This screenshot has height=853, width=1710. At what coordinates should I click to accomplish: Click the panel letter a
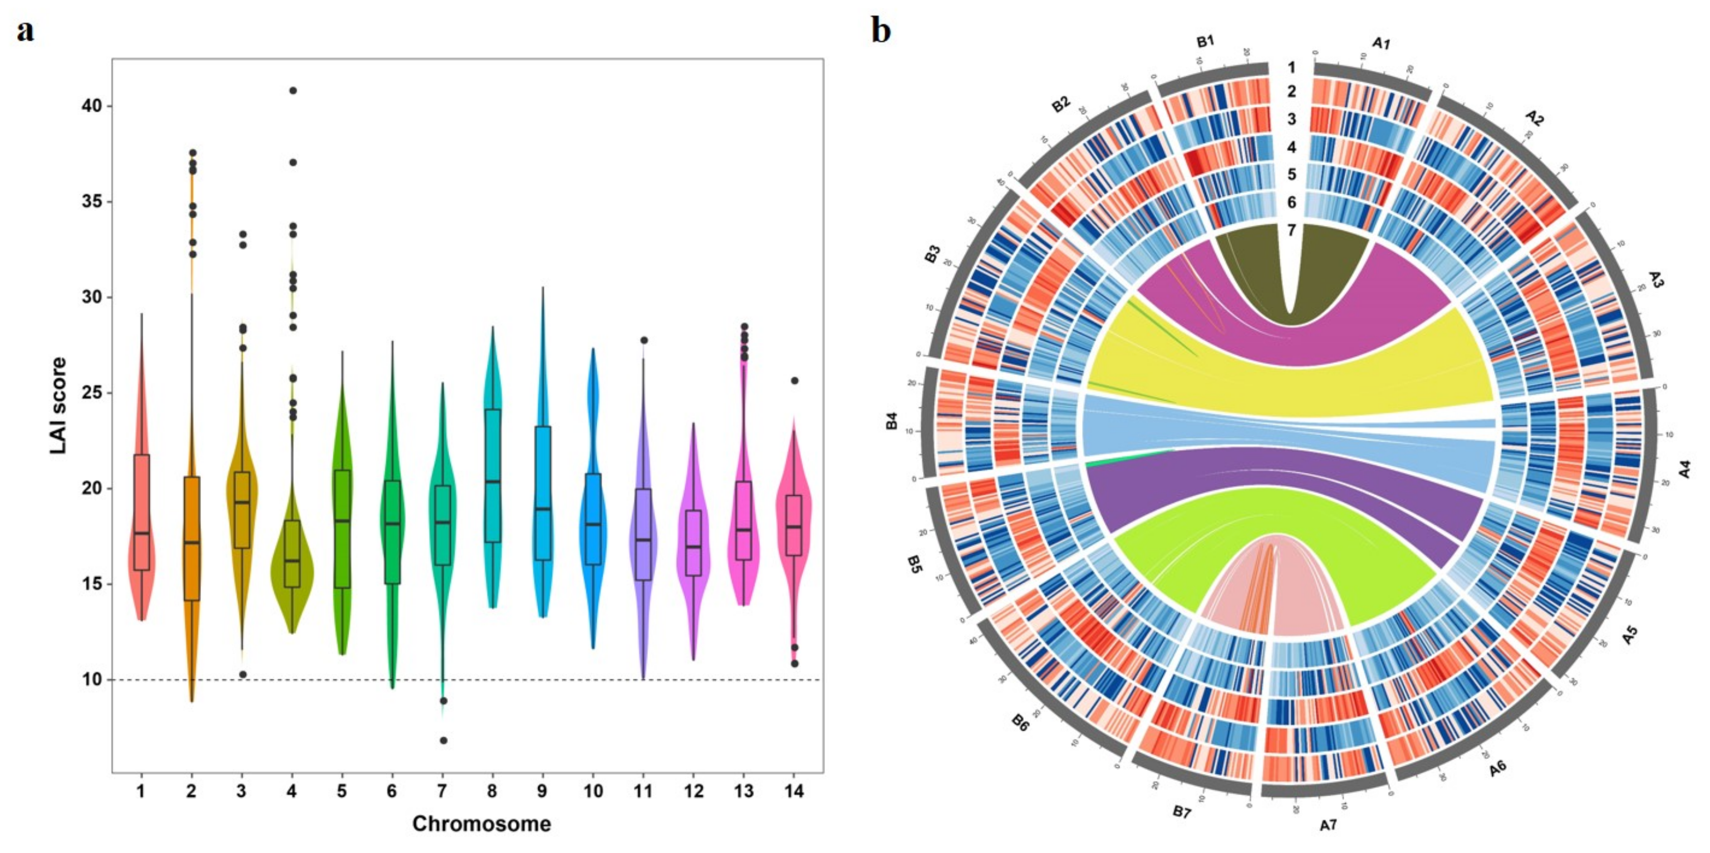click(x=24, y=31)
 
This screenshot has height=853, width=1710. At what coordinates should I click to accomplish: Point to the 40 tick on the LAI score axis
click(x=92, y=106)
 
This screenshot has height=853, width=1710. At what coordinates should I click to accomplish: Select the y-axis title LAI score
click(x=59, y=406)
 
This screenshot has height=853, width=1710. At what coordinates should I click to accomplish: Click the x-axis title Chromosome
click(x=481, y=824)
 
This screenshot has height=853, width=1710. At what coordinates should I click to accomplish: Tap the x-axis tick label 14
click(x=794, y=791)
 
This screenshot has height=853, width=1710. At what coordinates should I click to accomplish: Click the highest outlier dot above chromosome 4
click(x=293, y=90)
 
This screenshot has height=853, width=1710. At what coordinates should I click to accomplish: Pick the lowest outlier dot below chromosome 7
click(x=444, y=740)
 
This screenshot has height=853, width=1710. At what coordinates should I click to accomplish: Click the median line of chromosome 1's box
click(x=141, y=533)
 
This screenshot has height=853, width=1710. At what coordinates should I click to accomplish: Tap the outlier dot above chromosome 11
click(x=643, y=341)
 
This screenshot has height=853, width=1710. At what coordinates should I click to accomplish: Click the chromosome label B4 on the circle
click(x=892, y=421)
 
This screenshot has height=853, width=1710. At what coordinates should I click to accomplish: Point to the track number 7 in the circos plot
click(x=1291, y=230)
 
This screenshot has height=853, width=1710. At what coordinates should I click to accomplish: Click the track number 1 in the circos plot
click(x=1291, y=68)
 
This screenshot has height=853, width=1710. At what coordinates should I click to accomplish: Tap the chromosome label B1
click(x=1205, y=41)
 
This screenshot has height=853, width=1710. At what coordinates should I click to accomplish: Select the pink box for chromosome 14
click(x=794, y=525)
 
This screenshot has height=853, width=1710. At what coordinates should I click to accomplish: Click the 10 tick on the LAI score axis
click(x=92, y=680)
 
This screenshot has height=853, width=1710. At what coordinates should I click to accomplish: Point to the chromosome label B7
click(x=1181, y=812)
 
